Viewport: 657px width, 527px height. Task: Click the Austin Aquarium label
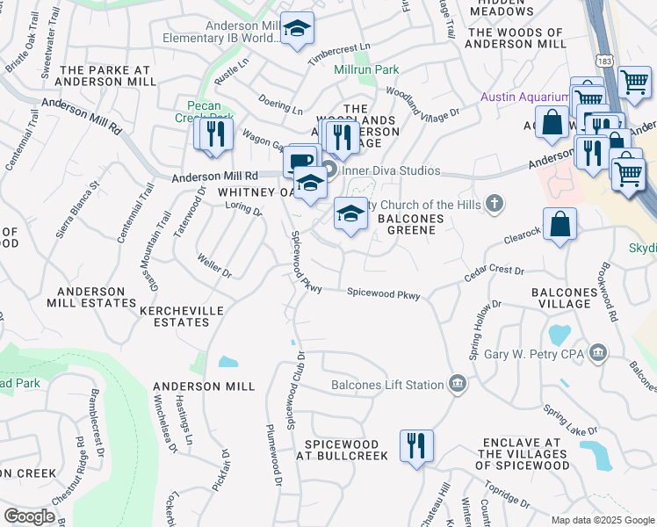click(524, 97)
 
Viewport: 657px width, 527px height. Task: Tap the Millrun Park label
click(366, 69)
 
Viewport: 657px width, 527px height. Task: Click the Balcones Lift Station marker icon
click(457, 383)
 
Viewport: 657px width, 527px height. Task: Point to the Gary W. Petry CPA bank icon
click(598, 353)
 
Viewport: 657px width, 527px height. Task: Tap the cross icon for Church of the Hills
click(495, 204)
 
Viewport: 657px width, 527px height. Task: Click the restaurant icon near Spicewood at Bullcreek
click(415, 444)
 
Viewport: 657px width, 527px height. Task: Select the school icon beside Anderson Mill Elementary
click(297, 32)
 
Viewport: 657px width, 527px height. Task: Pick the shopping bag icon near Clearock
click(560, 225)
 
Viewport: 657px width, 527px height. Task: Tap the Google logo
click(29, 516)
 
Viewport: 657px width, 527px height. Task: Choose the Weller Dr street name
click(215, 267)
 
